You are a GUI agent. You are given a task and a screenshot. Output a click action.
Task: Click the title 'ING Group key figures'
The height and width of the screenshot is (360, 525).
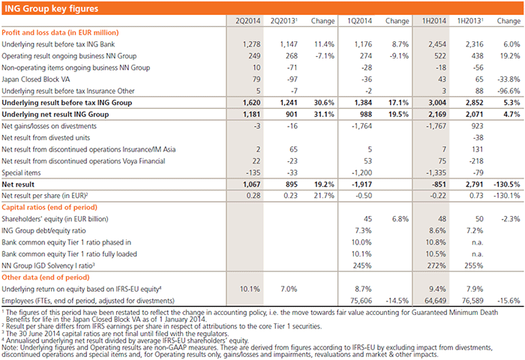(46, 7)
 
